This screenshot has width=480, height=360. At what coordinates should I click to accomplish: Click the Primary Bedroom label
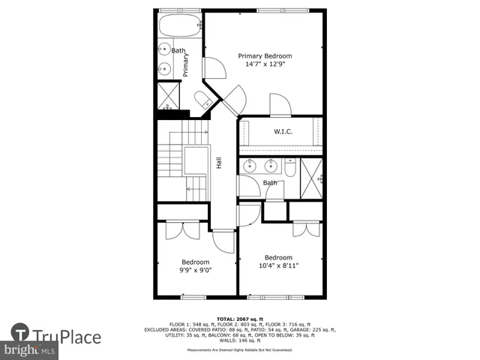pyautogui.click(x=265, y=55)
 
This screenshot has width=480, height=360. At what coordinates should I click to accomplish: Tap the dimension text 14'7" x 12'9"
pyautogui.click(x=265, y=64)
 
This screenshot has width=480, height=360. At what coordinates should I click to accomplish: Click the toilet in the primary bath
pyautogui.click(x=202, y=102)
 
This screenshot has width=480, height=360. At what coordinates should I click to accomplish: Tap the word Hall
pyautogui.click(x=219, y=163)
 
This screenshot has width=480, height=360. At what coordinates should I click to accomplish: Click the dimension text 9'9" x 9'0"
pyautogui.click(x=196, y=271)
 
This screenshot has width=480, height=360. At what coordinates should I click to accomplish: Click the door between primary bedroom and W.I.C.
pyautogui.click(x=280, y=106)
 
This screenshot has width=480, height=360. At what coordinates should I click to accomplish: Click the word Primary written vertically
pyautogui.click(x=185, y=64)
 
